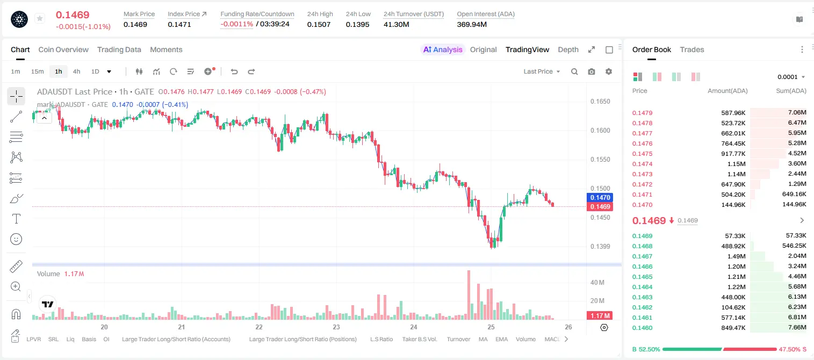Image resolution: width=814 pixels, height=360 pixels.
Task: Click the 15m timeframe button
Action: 38,71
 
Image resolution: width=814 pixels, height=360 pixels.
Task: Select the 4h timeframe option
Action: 76,71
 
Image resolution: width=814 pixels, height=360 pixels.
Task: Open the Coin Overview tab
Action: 63,49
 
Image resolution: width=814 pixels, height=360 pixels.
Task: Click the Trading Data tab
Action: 119,49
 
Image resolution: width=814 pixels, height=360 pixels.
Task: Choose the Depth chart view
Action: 568,49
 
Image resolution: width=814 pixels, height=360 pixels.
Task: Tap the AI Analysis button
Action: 443,49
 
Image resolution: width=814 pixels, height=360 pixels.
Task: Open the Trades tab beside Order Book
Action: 692,49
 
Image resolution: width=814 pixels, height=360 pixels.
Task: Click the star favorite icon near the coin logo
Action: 40,18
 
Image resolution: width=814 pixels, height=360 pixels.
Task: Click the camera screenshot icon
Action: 592,71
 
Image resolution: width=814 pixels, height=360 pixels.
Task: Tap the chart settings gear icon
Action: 609,71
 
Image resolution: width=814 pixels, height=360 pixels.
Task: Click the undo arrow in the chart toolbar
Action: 234,71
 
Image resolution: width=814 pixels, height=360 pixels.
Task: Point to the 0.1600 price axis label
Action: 600,131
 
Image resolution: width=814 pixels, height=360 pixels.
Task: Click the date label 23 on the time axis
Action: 336,327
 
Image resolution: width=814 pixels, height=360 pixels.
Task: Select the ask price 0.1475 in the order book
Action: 642,154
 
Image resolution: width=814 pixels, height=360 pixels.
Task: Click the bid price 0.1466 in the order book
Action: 642,267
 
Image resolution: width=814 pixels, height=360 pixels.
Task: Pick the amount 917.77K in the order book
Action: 733,154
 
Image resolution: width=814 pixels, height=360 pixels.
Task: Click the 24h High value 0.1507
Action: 319,24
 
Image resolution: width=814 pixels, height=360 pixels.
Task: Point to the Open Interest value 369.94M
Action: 472,24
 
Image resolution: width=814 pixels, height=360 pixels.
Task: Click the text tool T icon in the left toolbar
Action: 16,219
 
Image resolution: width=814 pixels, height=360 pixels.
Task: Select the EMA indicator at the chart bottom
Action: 501,339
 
